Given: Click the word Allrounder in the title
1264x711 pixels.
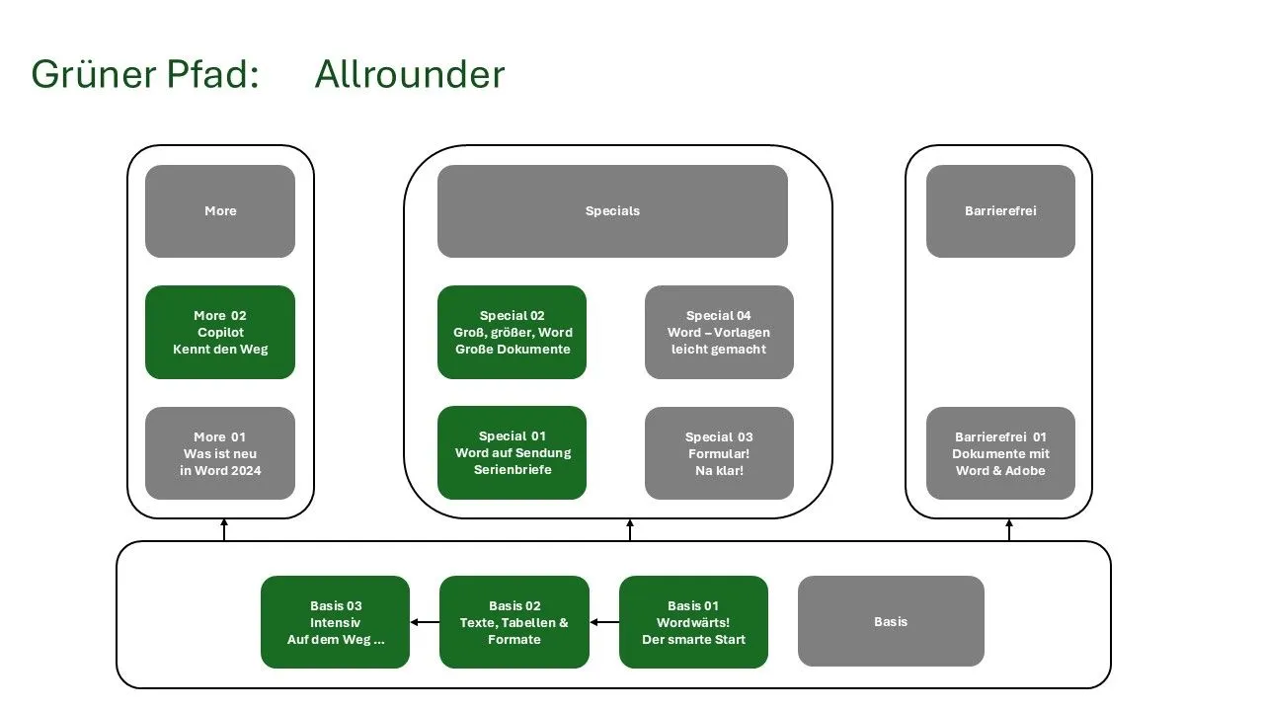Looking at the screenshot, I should tap(409, 75).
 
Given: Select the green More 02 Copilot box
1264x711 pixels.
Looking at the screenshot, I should tap(220, 333).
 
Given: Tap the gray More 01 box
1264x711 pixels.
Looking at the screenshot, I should tap(220, 453).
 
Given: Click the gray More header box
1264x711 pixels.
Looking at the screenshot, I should tap(220, 211).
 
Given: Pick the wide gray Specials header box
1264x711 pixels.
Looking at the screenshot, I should tap(612, 211).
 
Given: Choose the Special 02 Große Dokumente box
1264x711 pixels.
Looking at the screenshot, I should tap(512, 333).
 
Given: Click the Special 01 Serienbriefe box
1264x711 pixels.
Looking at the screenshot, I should tap(512, 453).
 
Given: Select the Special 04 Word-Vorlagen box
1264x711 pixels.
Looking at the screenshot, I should tap(719, 333).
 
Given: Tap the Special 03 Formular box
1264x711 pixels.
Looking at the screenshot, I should tap(719, 453).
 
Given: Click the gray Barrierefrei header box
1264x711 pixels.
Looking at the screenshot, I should tap(1000, 211).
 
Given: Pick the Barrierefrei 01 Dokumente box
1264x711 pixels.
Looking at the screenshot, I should tap(1000, 453).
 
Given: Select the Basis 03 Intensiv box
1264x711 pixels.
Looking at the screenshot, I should tap(335, 622).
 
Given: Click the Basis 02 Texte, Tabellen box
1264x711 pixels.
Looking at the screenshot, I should tap(513, 622).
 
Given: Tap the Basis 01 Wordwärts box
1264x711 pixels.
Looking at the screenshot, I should tap(693, 622).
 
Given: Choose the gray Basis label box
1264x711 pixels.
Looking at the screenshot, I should tap(891, 622).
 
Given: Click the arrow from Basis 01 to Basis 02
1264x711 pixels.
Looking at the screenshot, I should tap(604, 622).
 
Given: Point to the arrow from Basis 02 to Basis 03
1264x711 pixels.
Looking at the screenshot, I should tap(425, 622).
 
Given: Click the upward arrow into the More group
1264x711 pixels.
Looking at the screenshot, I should tap(224, 530).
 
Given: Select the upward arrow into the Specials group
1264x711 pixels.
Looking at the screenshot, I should tap(630, 530).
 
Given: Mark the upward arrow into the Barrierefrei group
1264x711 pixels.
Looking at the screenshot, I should tap(1009, 530).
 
